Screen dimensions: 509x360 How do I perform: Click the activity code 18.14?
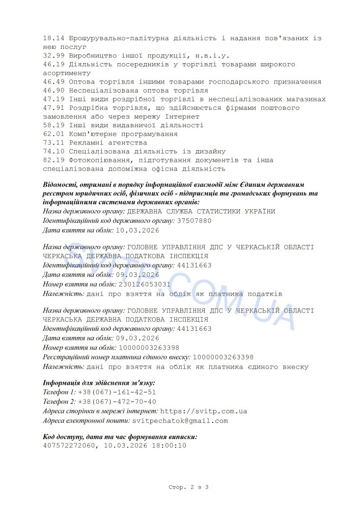[x=53, y=38]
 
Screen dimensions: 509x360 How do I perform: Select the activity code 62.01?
[x=53, y=134]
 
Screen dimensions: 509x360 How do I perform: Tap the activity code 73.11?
[x=53, y=143]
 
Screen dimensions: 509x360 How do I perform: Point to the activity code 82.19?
[x=53, y=160]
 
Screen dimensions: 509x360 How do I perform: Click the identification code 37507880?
[x=194, y=221]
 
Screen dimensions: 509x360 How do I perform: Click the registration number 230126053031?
[x=145, y=285]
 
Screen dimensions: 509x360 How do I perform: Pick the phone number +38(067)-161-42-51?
[x=117, y=392]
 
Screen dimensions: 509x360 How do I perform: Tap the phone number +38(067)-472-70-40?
[x=117, y=402]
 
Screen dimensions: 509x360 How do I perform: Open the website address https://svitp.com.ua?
[x=204, y=411]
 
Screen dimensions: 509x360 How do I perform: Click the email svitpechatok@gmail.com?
[x=180, y=421]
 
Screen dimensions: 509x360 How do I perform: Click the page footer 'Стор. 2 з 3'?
[x=188, y=488]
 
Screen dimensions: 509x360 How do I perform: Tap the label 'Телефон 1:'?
[x=60, y=392]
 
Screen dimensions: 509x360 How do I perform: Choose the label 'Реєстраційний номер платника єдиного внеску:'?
[x=117, y=357]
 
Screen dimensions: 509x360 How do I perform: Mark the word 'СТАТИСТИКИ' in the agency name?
[x=225, y=212]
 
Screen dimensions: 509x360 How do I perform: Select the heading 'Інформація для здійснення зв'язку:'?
[x=99, y=383]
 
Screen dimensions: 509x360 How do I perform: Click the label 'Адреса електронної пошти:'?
[x=87, y=421]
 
